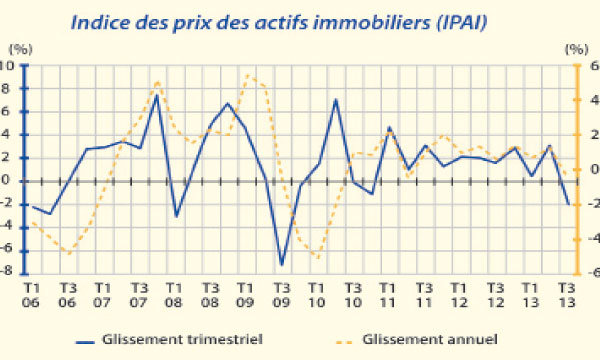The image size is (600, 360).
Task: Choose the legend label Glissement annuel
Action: (430, 338)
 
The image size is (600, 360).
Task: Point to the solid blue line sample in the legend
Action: (94, 339)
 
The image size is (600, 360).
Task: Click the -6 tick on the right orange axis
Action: (590, 273)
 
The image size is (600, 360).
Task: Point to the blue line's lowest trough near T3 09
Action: (282, 265)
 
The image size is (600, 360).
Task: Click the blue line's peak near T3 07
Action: (157, 95)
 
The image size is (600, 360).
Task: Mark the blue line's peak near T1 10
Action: (335, 100)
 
